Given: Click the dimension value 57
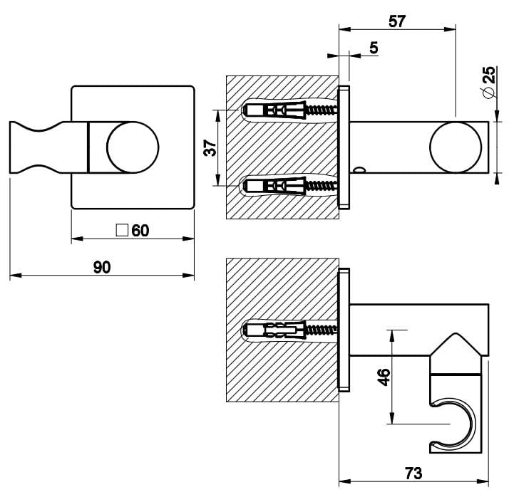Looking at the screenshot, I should click(x=398, y=21).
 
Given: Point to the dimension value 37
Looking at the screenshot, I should click(x=210, y=147).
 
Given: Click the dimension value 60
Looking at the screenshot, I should click(x=140, y=230).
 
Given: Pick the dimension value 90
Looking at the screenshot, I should click(x=102, y=267).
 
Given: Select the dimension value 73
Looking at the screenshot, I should click(x=413, y=472).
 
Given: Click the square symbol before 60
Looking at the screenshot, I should click(x=122, y=230).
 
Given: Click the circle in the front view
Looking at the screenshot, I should click(x=132, y=147).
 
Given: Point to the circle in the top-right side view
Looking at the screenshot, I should click(x=456, y=147).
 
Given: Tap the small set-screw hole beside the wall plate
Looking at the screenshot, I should click(x=359, y=169).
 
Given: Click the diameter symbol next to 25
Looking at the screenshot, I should click(x=488, y=93).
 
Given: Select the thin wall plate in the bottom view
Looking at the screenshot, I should click(x=345, y=330).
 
